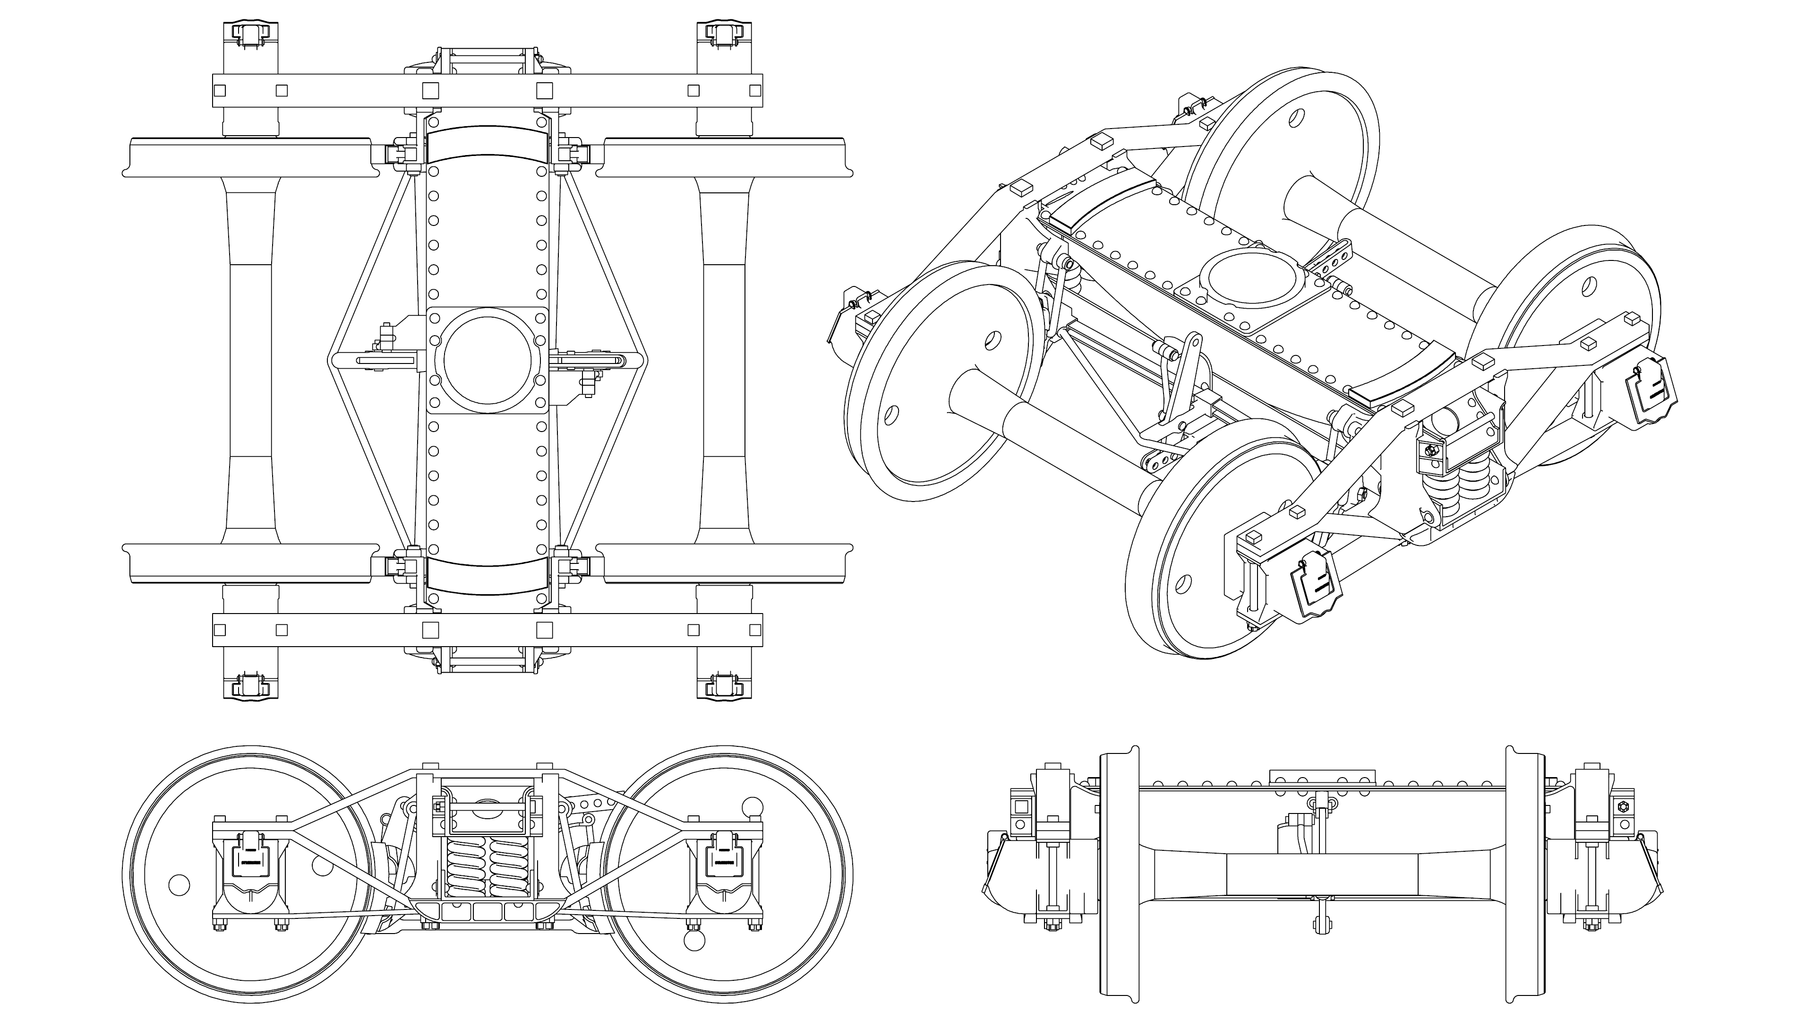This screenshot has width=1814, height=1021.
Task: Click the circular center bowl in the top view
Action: click(x=488, y=360)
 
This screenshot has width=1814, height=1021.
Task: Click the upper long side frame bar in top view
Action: click(x=488, y=91)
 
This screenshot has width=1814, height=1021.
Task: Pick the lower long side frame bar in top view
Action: click(x=488, y=630)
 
